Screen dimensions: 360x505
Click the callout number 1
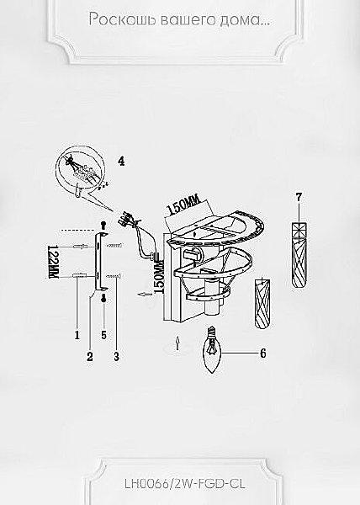pyautogui.click(x=77, y=335)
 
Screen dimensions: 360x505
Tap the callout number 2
pyautogui.click(x=90, y=356)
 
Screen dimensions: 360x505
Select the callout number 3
pyautogui.click(x=116, y=356)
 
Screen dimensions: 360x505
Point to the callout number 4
pyautogui.click(x=121, y=161)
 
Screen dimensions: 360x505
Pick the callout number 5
pyautogui.click(x=103, y=335)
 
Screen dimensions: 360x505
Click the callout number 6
pyautogui.click(x=262, y=353)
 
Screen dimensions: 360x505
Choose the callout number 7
pyautogui.click(x=299, y=197)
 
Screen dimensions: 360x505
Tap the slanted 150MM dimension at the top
pyautogui.click(x=184, y=205)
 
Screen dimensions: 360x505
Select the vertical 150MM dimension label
pyautogui.click(x=159, y=276)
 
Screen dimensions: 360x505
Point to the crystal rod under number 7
pyautogui.click(x=299, y=255)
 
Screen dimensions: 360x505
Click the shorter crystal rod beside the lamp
pyautogui.click(x=262, y=303)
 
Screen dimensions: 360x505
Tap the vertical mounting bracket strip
pyautogui.click(x=98, y=261)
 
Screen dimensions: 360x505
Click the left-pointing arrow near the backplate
pyautogui.click(x=144, y=294)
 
